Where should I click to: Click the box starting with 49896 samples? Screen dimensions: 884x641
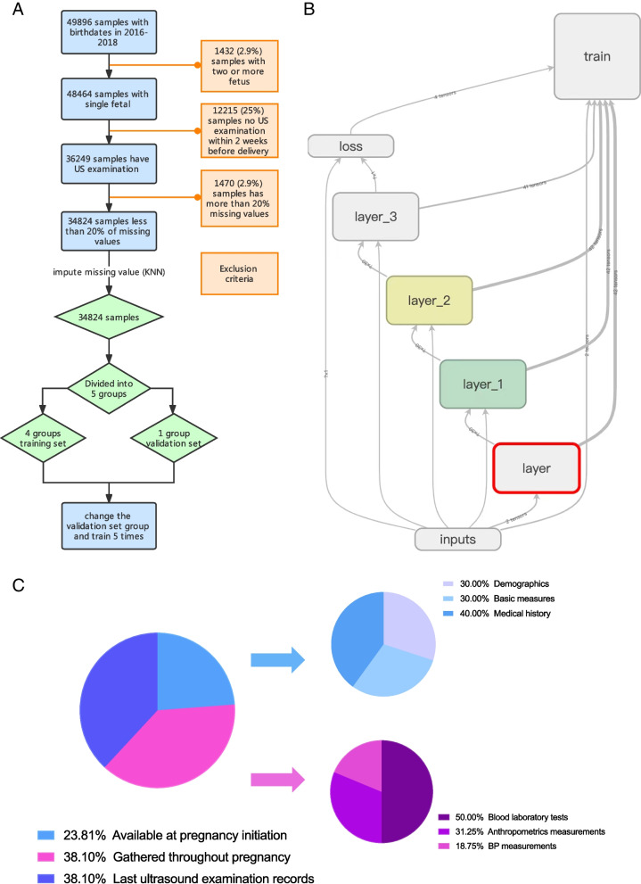pyautogui.click(x=109, y=35)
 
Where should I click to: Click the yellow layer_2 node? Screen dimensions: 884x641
pyautogui.click(x=429, y=300)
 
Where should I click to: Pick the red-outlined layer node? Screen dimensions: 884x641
pyautogui.click(x=538, y=467)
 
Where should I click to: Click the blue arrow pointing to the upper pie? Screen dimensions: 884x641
pyautogui.click(x=277, y=659)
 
